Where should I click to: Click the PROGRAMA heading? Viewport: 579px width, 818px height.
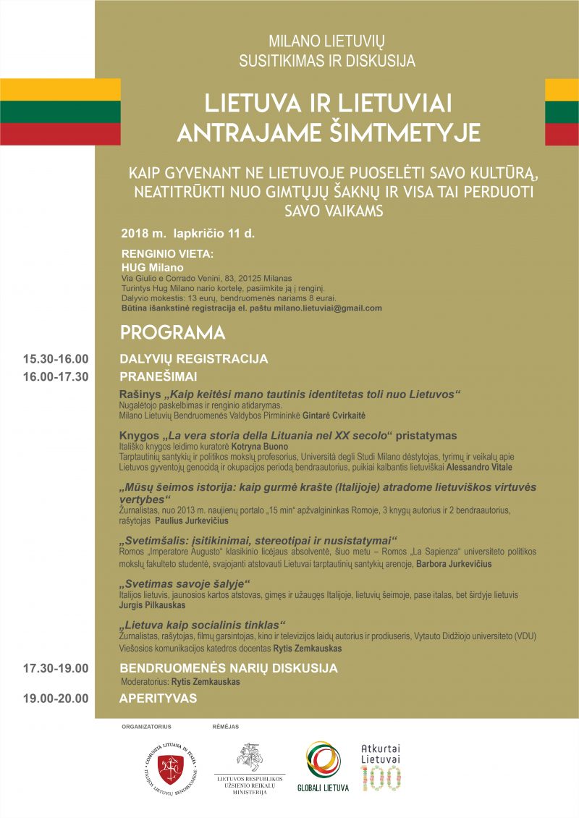click(172, 333)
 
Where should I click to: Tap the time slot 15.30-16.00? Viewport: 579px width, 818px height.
click(55, 359)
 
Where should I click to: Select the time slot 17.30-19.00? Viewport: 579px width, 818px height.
click(55, 668)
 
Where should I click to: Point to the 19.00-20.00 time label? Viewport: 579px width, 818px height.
click(55, 699)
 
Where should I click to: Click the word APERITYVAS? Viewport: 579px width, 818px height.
click(158, 699)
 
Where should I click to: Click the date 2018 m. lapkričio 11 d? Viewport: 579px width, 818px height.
click(188, 234)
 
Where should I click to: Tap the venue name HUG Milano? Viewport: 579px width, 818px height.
click(153, 267)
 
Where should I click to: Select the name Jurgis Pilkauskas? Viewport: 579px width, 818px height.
click(152, 604)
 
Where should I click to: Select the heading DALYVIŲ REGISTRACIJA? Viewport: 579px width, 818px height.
click(193, 359)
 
